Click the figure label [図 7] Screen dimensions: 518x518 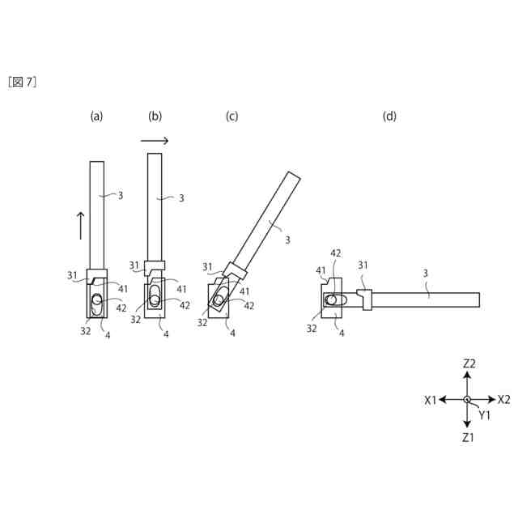point(22,82)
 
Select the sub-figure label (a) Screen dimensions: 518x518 point(96,117)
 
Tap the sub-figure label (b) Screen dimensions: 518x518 point(155,117)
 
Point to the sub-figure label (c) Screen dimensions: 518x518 point(231,117)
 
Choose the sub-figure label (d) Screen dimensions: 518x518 point(389,117)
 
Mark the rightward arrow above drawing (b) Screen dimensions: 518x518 point(155,141)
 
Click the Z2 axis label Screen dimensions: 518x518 point(469,363)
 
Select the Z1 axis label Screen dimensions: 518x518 point(468,438)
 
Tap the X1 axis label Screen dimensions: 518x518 point(431,401)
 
